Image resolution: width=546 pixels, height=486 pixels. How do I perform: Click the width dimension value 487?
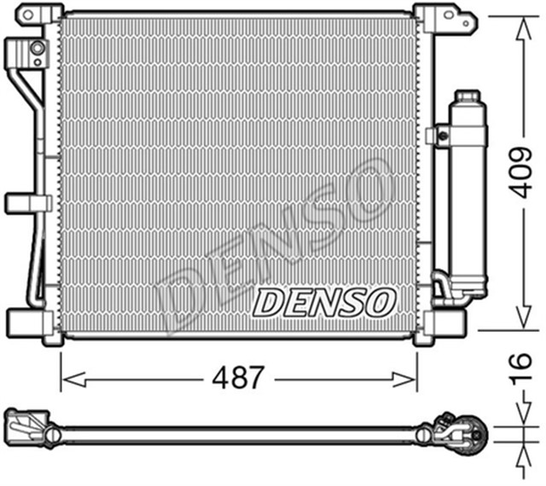pos(238,378)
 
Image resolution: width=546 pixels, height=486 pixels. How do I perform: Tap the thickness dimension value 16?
pos(521,372)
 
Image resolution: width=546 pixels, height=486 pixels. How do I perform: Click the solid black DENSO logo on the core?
pos(325,301)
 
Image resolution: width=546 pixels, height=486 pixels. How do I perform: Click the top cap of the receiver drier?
pos(468,97)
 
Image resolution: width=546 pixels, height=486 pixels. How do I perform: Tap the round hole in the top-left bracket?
pos(37,49)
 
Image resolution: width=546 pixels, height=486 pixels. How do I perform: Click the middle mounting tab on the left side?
pos(26,203)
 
